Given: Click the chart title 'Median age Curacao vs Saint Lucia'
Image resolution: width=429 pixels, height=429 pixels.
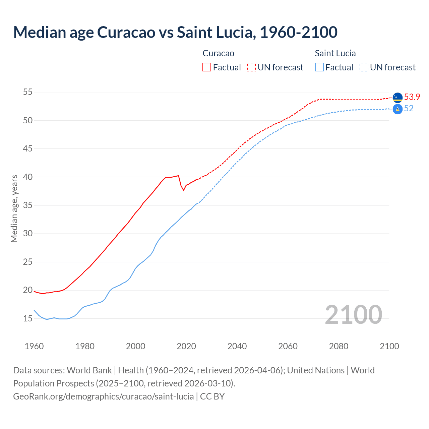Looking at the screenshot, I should (175, 32).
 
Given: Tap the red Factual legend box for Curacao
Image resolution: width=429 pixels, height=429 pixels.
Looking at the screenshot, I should (207, 67).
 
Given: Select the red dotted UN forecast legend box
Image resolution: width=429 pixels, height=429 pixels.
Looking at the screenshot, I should (251, 67).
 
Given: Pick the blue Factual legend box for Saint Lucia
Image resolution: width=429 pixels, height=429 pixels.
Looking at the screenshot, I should (319, 67).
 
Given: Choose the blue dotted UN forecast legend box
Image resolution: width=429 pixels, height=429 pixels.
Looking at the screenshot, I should (364, 67).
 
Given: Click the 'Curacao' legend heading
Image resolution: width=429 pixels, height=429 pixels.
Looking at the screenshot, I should (218, 53).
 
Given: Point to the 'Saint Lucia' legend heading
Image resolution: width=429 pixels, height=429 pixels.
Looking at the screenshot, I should (335, 53).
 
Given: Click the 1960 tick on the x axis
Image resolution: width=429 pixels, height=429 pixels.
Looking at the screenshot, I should (34, 346).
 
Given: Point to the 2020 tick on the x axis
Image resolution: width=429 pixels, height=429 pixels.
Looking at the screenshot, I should (186, 346).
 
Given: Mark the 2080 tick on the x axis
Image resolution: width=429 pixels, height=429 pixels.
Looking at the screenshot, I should (339, 346).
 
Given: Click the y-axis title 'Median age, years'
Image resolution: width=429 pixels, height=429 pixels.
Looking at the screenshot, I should (14, 208).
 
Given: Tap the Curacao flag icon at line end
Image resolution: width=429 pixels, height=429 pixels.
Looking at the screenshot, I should (397, 98).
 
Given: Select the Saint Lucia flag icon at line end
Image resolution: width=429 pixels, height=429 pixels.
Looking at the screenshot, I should (397, 109).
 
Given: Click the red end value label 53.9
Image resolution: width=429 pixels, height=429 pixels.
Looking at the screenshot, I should (412, 97).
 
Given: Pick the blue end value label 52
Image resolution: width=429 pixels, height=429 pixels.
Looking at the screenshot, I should (409, 108).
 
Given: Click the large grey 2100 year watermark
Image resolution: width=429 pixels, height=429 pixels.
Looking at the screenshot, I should (353, 314).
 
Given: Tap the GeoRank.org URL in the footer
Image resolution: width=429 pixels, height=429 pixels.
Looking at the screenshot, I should (103, 396).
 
